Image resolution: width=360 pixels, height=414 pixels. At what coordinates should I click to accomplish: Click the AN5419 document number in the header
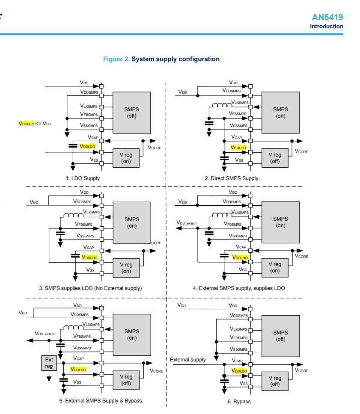click(x=327, y=17)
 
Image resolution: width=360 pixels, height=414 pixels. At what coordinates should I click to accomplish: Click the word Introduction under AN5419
click(x=327, y=27)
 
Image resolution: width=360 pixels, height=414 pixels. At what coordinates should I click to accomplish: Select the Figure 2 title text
click(x=161, y=59)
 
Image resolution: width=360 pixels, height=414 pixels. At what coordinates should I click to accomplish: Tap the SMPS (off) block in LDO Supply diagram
click(x=131, y=112)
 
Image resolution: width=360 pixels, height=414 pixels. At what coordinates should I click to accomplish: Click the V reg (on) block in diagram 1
click(x=126, y=158)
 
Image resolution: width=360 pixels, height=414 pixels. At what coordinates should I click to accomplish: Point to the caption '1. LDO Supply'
click(x=83, y=178)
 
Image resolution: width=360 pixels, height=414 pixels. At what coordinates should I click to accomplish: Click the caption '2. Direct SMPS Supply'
click(x=232, y=178)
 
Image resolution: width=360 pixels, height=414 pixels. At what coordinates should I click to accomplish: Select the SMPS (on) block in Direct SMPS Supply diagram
click(x=280, y=112)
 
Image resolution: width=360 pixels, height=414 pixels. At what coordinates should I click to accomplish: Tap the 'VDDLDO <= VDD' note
click(x=35, y=124)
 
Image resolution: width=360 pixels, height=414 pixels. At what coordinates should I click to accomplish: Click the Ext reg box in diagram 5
click(x=49, y=363)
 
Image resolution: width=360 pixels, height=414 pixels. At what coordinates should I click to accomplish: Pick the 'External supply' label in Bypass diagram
click(x=187, y=360)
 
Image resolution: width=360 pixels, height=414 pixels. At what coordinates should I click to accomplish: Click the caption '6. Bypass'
click(x=239, y=402)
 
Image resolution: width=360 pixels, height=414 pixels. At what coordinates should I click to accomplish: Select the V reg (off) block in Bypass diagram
click(x=275, y=381)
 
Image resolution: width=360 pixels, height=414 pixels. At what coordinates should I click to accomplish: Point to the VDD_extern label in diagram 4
click(x=186, y=223)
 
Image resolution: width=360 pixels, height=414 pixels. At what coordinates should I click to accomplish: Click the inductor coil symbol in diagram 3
click(x=73, y=216)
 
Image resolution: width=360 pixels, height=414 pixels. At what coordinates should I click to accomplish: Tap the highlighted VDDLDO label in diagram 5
click(x=78, y=369)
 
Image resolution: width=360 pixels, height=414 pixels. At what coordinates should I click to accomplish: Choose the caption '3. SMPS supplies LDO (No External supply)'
click(x=90, y=288)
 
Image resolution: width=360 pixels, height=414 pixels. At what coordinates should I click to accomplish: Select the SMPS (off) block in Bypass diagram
click(x=280, y=336)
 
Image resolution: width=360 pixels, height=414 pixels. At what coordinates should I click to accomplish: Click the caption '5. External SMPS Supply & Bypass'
click(x=101, y=401)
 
